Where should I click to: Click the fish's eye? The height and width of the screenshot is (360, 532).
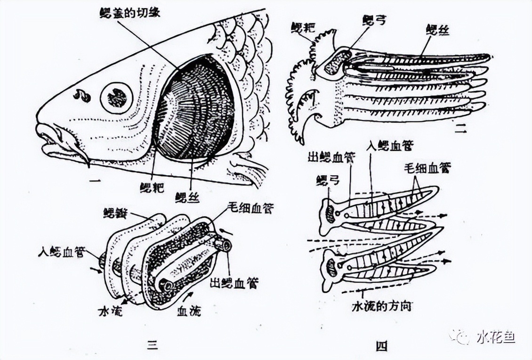[116, 98]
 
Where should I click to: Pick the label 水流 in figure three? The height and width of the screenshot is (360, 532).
[111, 311]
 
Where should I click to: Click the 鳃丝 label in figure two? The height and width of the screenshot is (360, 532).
[437, 31]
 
